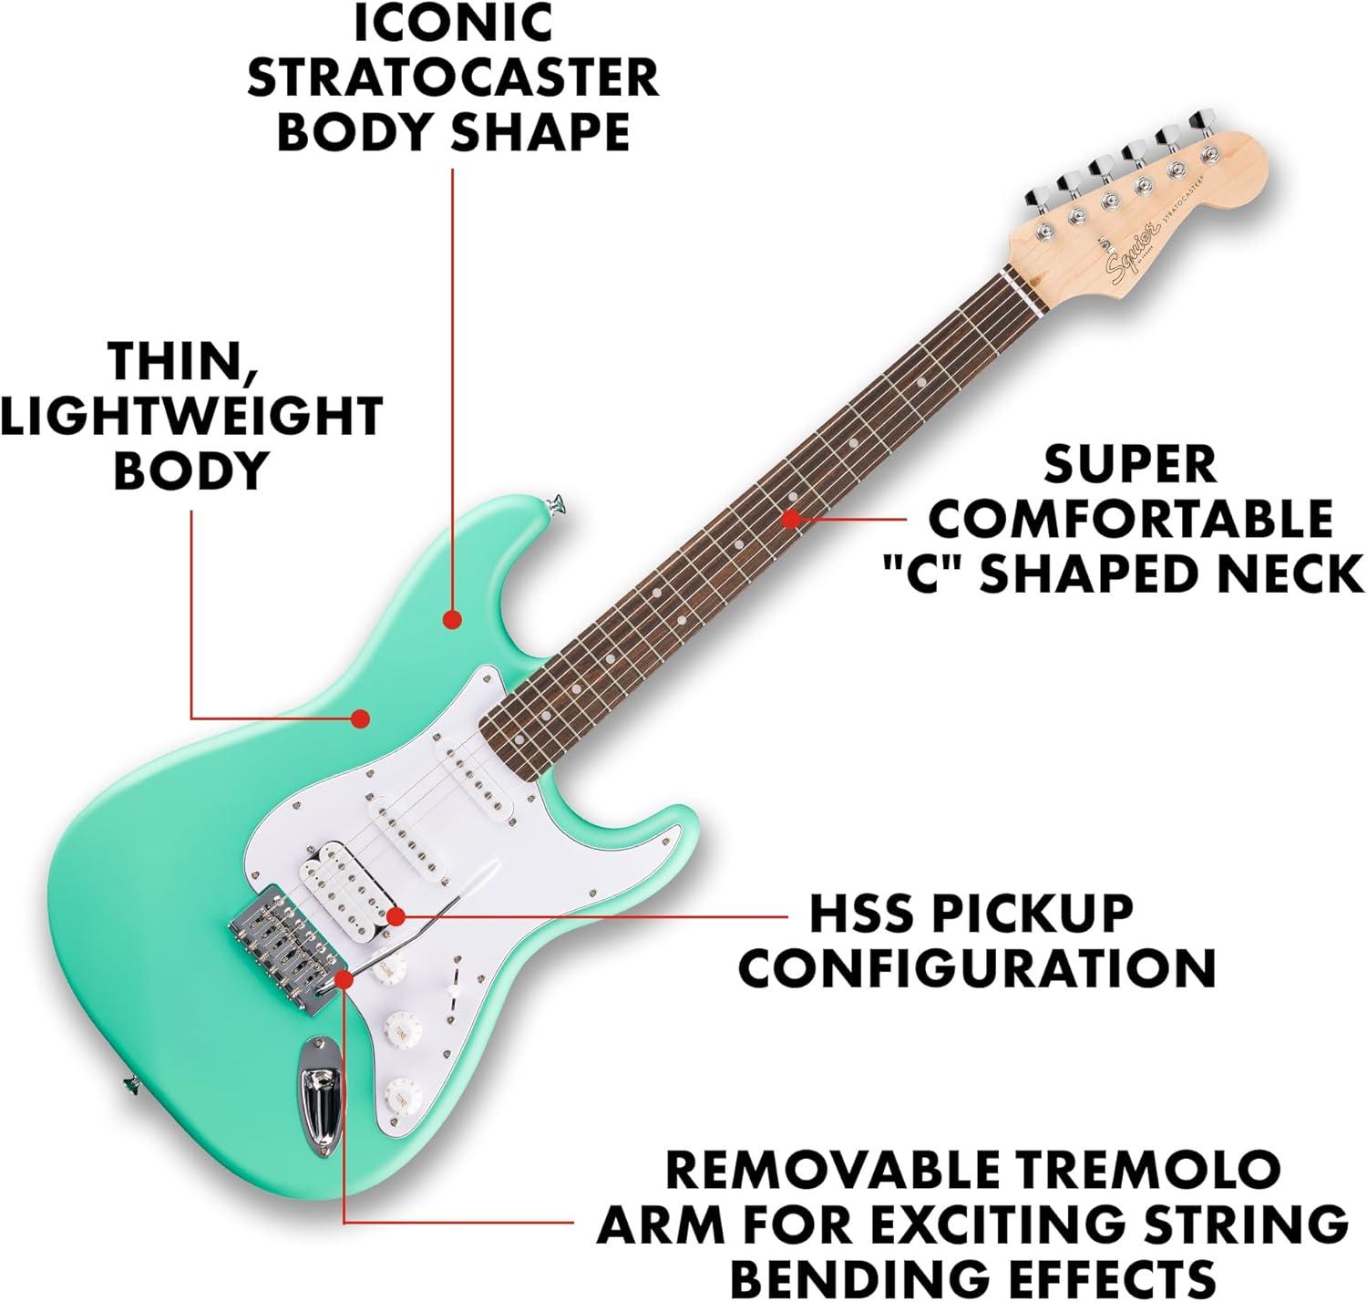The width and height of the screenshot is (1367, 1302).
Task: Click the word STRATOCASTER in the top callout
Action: click(453, 77)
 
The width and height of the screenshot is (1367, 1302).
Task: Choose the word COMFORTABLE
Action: click(1131, 518)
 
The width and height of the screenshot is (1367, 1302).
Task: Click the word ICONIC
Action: click(453, 22)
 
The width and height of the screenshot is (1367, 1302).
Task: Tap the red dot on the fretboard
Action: click(790, 519)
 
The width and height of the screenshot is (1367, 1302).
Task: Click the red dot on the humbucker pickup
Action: click(396, 916)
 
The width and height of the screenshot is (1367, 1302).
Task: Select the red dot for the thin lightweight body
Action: click(359, 718)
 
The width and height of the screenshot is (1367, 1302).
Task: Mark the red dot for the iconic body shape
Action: click(453, 619)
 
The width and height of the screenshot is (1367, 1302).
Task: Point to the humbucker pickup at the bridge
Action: click(341, 883)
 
